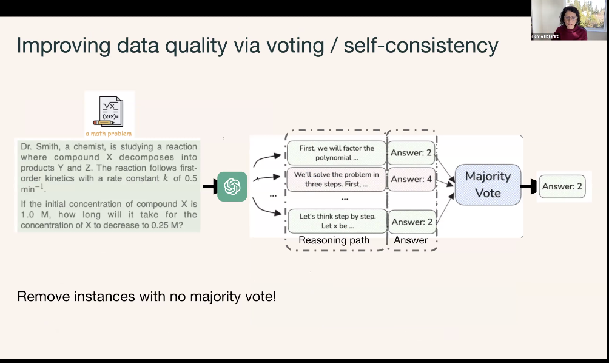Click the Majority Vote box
coord(488,184)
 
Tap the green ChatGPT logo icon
coord(232,186)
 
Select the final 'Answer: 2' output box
coord(562,186)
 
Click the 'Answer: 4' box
coord(411,179)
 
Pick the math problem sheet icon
coord(109,110)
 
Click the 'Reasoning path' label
coord(334,240)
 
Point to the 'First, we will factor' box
coord(336,152)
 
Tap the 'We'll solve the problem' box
coord(336,178)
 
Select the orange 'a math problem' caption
coord(109,133)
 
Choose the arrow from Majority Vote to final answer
coord(530,186)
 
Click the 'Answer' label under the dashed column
coord(411,240)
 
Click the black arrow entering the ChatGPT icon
coord(210,186)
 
